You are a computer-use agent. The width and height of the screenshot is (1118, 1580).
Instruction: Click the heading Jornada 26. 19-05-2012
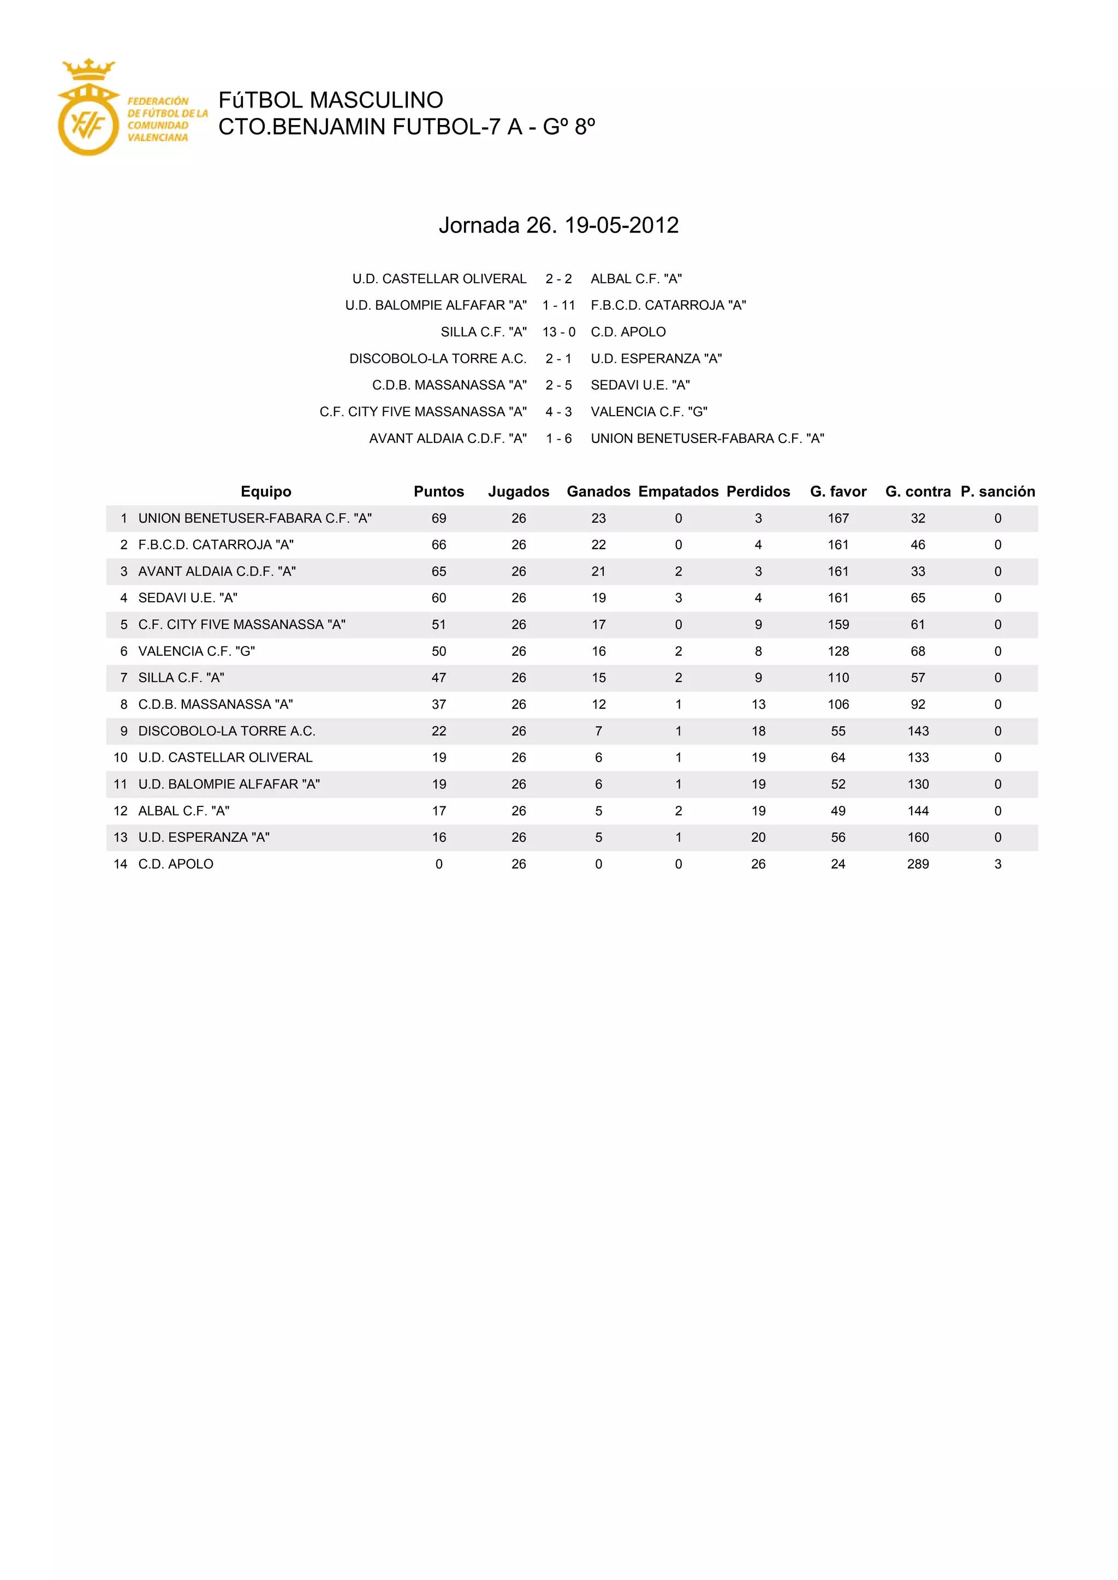[x=558, y=225]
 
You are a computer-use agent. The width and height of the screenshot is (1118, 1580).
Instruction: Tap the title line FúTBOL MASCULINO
[x=330, y=100]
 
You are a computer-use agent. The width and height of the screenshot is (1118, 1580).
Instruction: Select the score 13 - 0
[x=558, y=332]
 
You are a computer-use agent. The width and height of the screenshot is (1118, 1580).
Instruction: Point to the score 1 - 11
[x=558, y=306]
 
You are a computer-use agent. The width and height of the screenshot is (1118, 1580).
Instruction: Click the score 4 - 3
[x=558, y=411]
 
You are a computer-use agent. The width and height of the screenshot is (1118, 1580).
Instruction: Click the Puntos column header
[x=438, y=492]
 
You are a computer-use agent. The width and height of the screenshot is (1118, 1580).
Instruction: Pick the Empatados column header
[x=678, y=492]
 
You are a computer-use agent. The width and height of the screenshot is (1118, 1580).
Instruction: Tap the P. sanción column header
[x=997, y=492]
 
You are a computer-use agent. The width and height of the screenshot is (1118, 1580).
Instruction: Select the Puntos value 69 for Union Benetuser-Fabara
[x=438, y=518]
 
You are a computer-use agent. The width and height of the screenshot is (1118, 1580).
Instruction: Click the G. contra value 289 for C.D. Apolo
[x=918, y=864]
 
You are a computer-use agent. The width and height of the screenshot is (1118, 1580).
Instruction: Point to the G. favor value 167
[x=838, y=518]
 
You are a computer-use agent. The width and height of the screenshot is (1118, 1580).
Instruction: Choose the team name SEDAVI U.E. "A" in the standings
[x=188, y=598]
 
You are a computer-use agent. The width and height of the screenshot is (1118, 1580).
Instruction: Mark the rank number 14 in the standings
[x=121, y=864]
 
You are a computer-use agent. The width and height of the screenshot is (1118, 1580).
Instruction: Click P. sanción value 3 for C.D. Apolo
[x=997, y=864]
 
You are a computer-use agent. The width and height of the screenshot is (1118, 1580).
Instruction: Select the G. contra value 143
[x=918, y=731]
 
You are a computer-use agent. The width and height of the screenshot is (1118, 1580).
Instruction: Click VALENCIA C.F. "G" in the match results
[x=649, y=411]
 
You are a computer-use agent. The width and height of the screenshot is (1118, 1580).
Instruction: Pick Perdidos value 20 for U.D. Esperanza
[x=758, y=837]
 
